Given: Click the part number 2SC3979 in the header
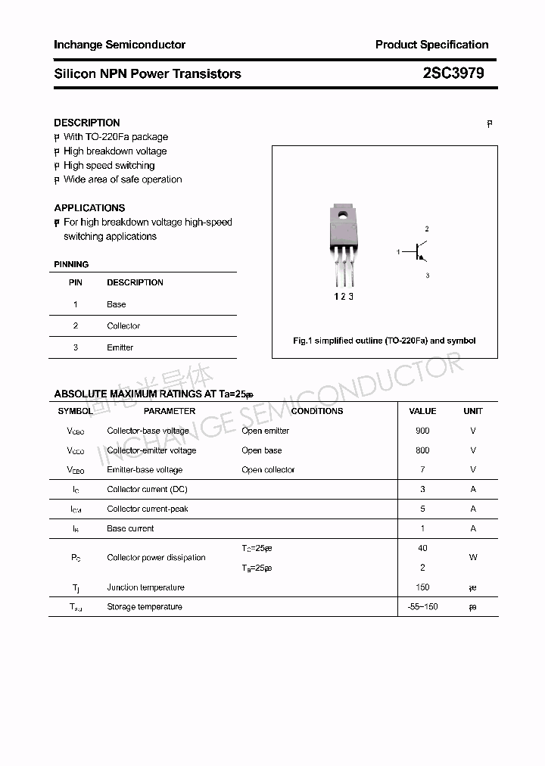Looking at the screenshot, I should (x=453, y=73).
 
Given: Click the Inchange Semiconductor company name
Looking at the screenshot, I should (x=120, y=45).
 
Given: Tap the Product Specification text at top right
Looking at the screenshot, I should (x=431, y=45).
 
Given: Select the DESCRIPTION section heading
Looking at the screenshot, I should (x=87, y=123).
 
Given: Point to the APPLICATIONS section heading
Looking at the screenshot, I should (x=89, y=207).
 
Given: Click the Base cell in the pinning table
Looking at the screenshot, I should (x=117, y=304).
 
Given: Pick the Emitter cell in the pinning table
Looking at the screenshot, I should (x=120, y=347).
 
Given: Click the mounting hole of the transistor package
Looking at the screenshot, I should (x=342, y=214).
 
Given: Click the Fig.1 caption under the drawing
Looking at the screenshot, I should (x=385, y=341).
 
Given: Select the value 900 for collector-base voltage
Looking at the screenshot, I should (x=422, y=431).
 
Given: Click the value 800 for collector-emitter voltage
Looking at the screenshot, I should (x=422, y=450).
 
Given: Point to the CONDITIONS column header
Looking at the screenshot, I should (x=317, y=411).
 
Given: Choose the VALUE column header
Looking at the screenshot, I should (x=422, y=411).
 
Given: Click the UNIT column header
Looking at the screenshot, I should (x=473, y=411).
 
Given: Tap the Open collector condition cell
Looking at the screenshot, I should (x=268, y=470).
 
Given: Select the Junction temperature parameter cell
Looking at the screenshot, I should (x=145, y=587).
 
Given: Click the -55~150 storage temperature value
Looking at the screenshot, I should (x=422, y=607).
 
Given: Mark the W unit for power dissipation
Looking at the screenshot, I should (x=473, y=558).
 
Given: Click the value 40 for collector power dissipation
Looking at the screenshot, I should (x=422, y=548).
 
